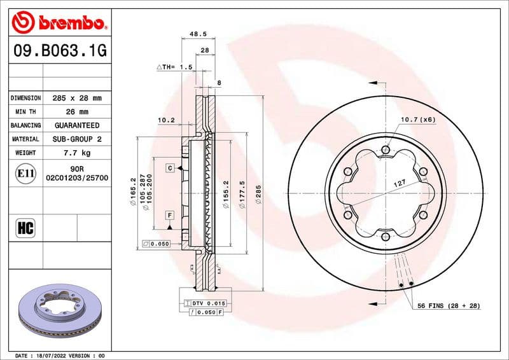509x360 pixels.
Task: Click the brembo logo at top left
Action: (59, 24)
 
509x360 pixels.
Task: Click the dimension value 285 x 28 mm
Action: (76, 99)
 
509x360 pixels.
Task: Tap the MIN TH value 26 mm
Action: (76, 112)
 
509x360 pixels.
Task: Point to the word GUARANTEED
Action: (76, 125)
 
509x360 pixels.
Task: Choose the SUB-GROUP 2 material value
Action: (76, 139)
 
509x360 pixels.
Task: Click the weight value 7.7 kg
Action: (76, 153)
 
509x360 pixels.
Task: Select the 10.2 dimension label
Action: (166, 119)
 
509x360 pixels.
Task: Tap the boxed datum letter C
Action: (171, 168)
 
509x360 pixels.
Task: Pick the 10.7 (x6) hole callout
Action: (418, 119)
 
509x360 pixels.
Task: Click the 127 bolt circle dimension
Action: (400, 183)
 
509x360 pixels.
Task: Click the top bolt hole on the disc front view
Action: (385, 150)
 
